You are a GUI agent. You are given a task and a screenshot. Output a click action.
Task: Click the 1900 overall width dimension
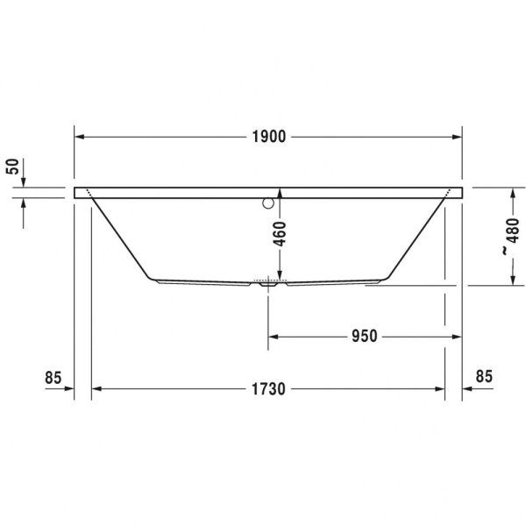(x=267, y=137)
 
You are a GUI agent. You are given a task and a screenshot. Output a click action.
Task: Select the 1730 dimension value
(x=267, y=388)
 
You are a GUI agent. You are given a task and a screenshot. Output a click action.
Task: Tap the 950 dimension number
(x=364, y=336)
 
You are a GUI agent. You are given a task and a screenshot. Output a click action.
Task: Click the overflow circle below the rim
(x=268, y=205)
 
